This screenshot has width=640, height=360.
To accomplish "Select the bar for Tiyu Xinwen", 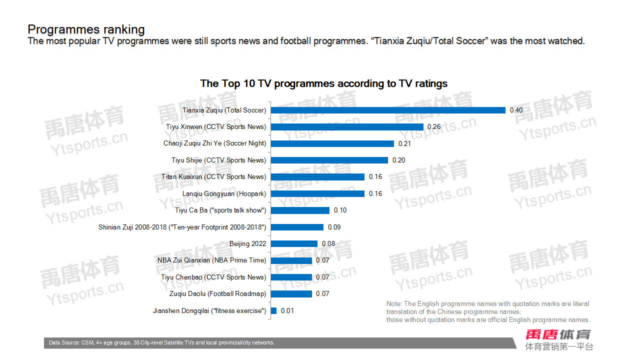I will point(347,127).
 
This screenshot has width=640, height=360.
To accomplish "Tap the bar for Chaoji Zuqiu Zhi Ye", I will point(332,143).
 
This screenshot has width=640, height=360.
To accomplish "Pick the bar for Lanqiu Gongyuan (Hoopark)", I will point(317,193).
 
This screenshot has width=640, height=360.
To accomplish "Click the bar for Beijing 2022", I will point(294,244).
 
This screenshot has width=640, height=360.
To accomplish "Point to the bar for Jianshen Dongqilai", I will point(273,311).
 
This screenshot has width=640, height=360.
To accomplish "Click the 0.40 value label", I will point(516,110).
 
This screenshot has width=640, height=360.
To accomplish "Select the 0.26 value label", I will point(434,127).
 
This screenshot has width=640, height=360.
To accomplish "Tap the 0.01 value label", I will point(287,311).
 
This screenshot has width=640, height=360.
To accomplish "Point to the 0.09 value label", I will point(334,227).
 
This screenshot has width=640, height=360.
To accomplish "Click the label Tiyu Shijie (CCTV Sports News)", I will point(218,160).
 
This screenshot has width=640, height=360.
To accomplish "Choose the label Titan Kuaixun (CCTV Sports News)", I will point(213,177).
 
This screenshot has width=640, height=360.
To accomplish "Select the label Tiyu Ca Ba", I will point(220,210).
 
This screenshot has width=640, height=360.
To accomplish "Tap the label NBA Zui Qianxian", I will point(211,260).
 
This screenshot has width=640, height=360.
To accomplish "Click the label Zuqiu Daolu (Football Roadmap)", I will point(217,294).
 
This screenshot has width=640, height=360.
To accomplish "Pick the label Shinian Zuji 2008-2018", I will point(182,227).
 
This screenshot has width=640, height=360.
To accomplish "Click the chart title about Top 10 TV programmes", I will point(323,83).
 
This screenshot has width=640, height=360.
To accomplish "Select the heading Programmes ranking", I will point(86,29).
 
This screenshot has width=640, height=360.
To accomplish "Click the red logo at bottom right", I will point(558,334).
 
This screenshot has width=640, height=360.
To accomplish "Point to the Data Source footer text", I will point(161,343).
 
